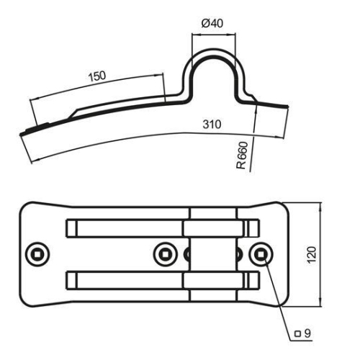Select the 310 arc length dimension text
(x=212, y=125)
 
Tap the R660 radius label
(x=243, y=155)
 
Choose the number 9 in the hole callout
(x=307, y=334)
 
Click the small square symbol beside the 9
(x=297, y=334)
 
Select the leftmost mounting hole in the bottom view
(x=37, y=253)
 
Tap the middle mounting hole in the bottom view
(x=165, y=253)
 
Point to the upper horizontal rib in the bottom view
(x=126, y=228)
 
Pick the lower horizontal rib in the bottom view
(x=126, y=278)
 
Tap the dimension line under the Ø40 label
(x=212, y=33)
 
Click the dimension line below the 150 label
(x=101, y=85)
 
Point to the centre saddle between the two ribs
(x=212, y=253)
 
